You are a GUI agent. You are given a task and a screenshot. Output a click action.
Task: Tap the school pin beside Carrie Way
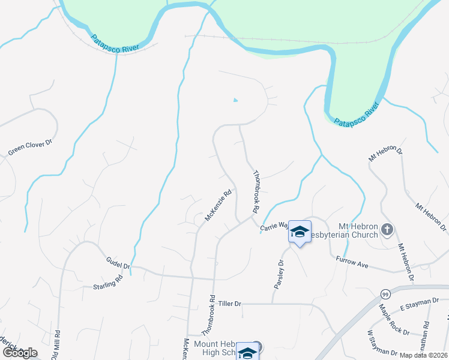[x=299, y=232]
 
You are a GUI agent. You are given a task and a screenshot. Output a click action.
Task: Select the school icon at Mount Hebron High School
[x=247, y=353]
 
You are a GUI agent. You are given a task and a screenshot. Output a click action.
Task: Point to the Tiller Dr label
[x=229, y=304]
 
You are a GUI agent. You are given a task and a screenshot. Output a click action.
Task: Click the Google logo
[x=20, y=353]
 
